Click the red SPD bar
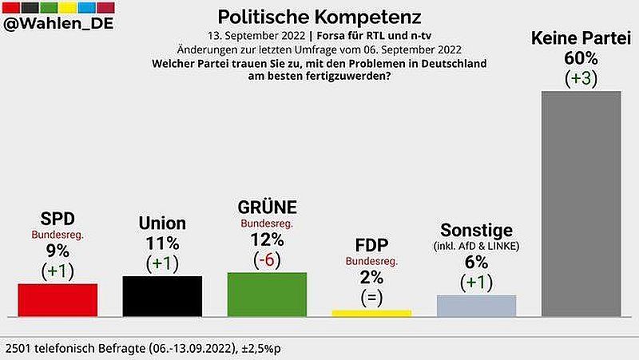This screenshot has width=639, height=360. coord(58,301)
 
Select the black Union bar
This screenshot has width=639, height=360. coord(162,297)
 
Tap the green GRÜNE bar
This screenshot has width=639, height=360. coord(267,295)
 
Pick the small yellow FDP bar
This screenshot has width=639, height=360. coord(371,314)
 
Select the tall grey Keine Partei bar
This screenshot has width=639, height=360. coord(581,204)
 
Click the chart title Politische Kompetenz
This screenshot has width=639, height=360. coord(319,17)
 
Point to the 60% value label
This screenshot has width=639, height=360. coord(581,59)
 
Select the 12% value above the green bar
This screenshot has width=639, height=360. coord(268,239)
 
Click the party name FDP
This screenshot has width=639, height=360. coord(372,244)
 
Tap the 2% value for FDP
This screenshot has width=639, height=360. coord(372,277)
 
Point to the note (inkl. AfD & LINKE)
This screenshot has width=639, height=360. coord(476,246)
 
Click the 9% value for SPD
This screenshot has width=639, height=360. coord(58,251)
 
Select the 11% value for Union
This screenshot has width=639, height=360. coord(162,243)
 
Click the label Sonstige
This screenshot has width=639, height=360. coord(476,230)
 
